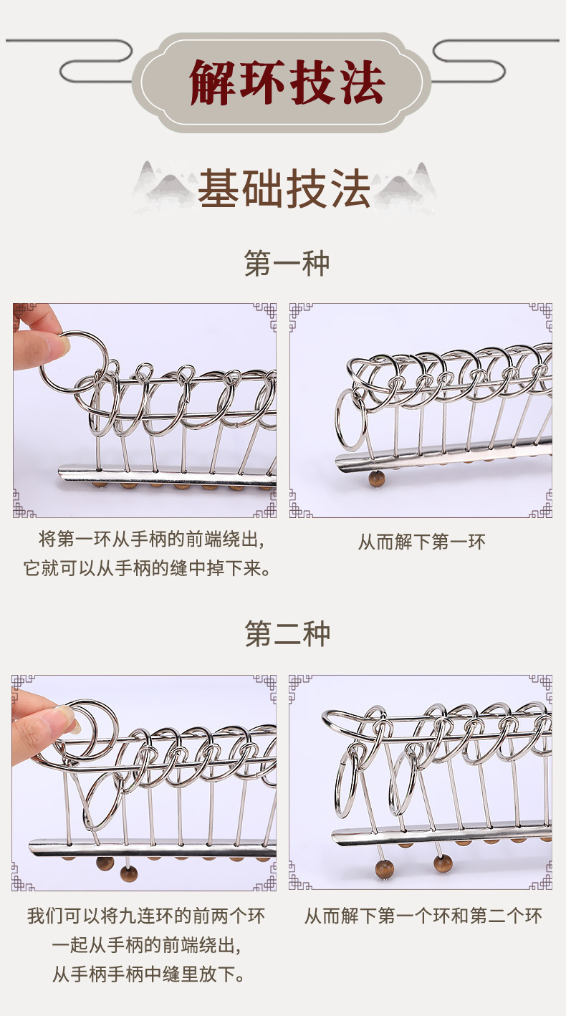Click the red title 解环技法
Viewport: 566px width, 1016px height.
287,82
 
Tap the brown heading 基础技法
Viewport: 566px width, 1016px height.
284,188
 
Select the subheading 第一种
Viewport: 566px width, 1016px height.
287,263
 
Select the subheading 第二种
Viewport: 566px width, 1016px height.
287,634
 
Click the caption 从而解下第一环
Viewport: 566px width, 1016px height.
422,542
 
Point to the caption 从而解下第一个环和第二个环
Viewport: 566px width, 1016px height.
423,916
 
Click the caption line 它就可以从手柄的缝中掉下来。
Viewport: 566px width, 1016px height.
148,568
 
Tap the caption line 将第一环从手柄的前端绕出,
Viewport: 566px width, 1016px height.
151,540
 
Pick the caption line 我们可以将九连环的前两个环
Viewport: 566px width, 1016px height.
146,916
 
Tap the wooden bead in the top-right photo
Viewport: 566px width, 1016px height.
376,479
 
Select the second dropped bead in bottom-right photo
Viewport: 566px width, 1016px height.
443,863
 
